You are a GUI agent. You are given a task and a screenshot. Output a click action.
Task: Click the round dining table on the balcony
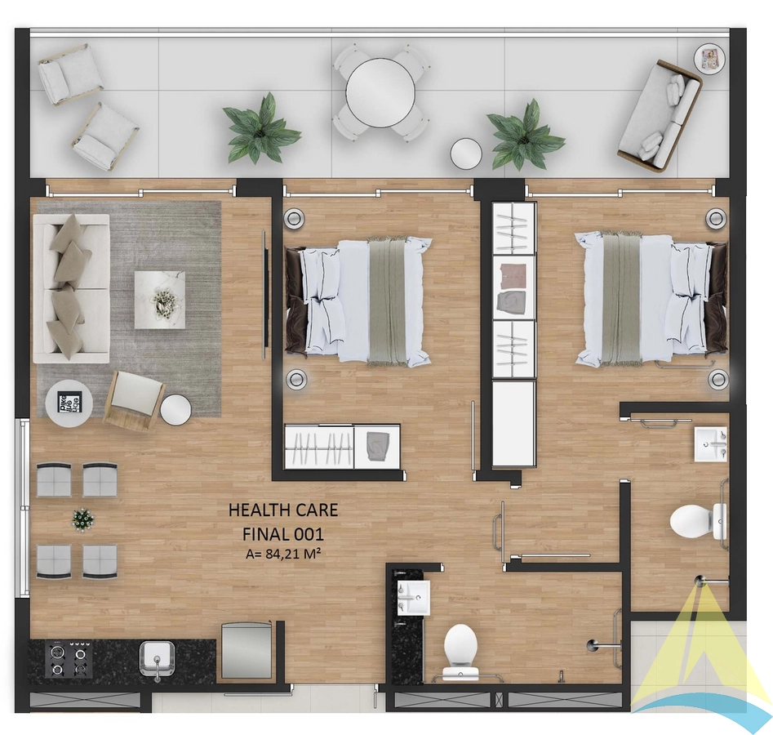380,93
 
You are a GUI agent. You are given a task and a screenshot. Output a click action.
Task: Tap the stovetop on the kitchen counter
69,658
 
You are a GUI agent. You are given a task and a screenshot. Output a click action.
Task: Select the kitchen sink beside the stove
157,659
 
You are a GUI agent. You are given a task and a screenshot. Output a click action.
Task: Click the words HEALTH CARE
283,510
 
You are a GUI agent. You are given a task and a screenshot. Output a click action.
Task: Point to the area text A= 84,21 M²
281,554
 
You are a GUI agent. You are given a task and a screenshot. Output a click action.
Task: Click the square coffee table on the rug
160,300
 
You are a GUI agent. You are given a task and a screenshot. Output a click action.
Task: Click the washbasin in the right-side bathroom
711,444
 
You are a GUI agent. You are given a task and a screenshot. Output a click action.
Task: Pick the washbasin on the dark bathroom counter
414,597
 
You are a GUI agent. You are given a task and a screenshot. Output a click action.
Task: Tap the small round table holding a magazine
710,59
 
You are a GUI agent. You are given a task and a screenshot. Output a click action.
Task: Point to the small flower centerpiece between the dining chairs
82,520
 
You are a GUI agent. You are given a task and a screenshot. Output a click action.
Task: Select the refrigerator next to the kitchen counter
247,650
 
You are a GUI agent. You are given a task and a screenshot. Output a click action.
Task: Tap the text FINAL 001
283,534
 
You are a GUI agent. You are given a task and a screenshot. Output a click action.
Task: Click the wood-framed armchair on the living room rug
134,400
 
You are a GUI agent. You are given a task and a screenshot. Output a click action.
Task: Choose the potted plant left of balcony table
260,128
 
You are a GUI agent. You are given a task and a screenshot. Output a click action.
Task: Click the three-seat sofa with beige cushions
72,288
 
